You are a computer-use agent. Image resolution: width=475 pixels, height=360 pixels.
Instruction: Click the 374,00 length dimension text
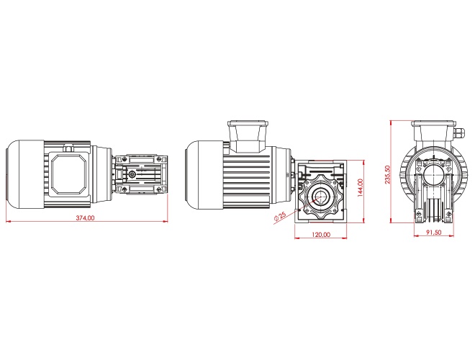pos(85,217)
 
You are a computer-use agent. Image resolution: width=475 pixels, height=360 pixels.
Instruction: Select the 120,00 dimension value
pos(321,234)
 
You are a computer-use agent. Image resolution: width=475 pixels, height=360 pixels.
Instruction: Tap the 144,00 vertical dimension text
pos(360,188)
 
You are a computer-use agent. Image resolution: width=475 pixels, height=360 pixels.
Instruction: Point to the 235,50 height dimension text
pos(387,174)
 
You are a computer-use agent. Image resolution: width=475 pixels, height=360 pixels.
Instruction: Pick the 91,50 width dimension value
pos(434,233)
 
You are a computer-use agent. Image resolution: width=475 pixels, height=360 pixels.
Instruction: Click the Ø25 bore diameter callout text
pos(280,217)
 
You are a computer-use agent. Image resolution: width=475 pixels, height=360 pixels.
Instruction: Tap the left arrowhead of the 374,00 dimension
pos(8,222)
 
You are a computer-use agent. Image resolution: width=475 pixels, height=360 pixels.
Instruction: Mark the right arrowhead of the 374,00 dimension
pos(166,222)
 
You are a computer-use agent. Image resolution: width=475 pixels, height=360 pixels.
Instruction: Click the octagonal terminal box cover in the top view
pos(68,174)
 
